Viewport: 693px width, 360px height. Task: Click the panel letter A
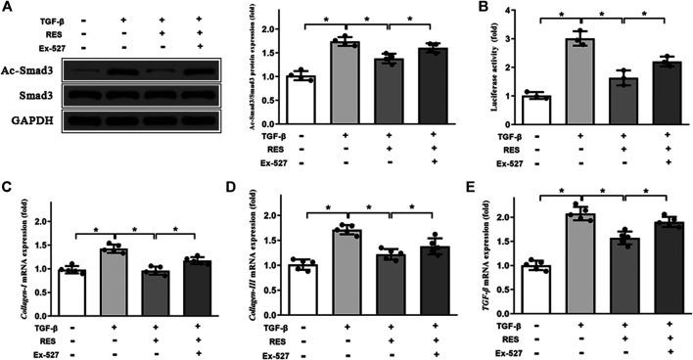click(8, 8)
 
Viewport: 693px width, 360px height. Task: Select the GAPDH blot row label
click(34, 122)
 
